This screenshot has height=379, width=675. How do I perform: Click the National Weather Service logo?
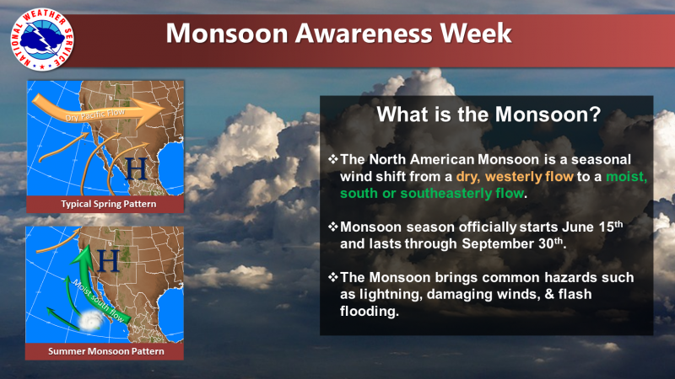pos(42,40)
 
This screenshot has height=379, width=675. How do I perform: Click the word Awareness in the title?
pos(363,33)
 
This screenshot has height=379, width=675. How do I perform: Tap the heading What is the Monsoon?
pos(489,115)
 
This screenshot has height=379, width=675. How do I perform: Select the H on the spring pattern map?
pos(136,168)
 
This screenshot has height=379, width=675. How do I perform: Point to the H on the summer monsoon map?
pos(109,260)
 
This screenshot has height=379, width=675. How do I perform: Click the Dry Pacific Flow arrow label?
pos(95,115)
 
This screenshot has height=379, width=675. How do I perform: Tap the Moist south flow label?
pos(99,301)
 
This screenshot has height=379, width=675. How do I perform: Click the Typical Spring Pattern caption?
pos(109,204)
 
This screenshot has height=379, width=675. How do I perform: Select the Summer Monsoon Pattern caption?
pos(106,351)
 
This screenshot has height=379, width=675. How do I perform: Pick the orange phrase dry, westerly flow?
pos(515,177)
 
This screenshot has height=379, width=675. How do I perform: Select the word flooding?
pos(369,311)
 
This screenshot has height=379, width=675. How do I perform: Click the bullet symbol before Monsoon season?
pos(333,227)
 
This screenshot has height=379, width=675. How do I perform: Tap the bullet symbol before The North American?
pos(333,159)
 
